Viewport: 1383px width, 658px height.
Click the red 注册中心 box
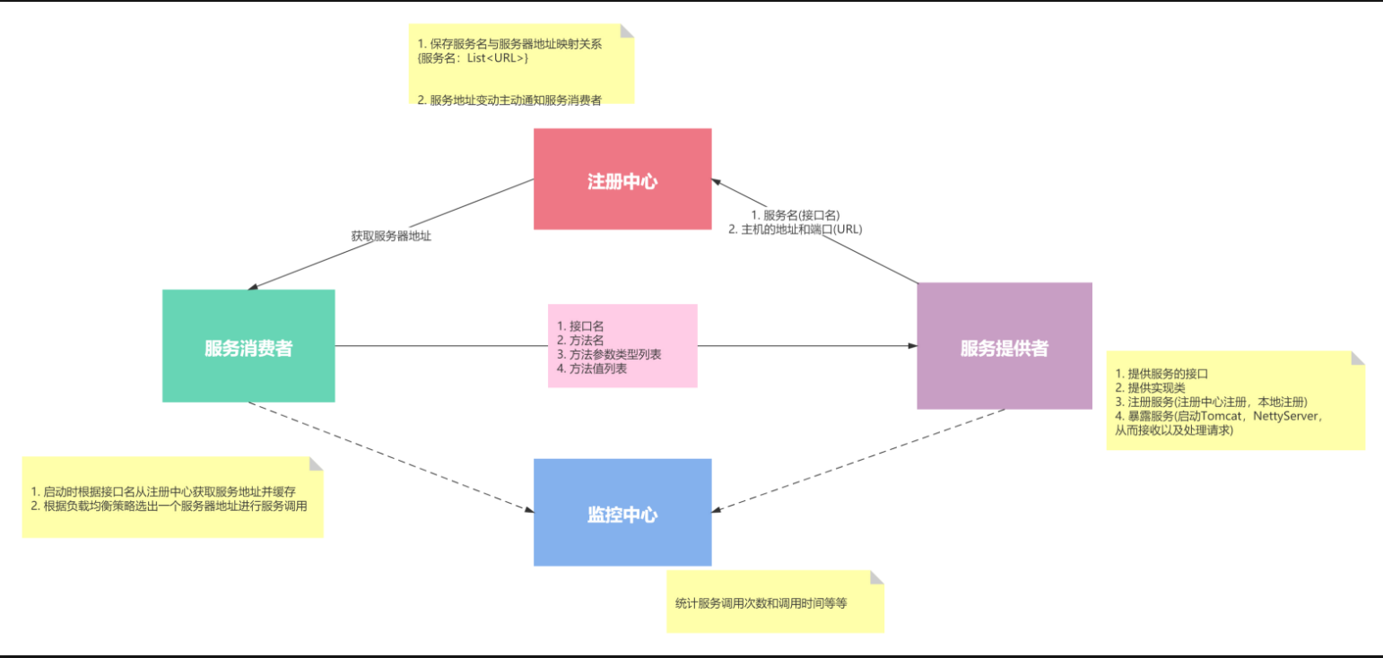point(622,179)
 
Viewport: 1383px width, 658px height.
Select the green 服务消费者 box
point(248,347)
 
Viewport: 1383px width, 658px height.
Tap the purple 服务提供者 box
point(1004,347)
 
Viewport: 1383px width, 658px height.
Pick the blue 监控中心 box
point(622,513)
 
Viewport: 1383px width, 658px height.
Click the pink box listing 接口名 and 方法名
point(622,346)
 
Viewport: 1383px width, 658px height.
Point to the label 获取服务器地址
point(391,237)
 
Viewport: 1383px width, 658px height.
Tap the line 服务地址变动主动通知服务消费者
point(509,100)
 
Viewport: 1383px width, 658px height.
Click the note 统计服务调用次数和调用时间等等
point(761,603)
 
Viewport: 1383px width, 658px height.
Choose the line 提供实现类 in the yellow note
point(1151,388)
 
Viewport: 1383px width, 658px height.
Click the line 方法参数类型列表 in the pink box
point(609,354)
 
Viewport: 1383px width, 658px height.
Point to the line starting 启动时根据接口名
point(163,491)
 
